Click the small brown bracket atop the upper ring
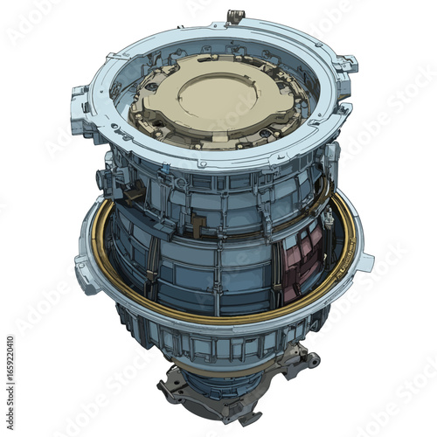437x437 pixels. (233, 17)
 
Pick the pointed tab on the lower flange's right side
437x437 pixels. (365, 260)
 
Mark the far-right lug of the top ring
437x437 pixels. (347, 63)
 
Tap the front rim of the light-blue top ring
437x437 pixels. (210, 162)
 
